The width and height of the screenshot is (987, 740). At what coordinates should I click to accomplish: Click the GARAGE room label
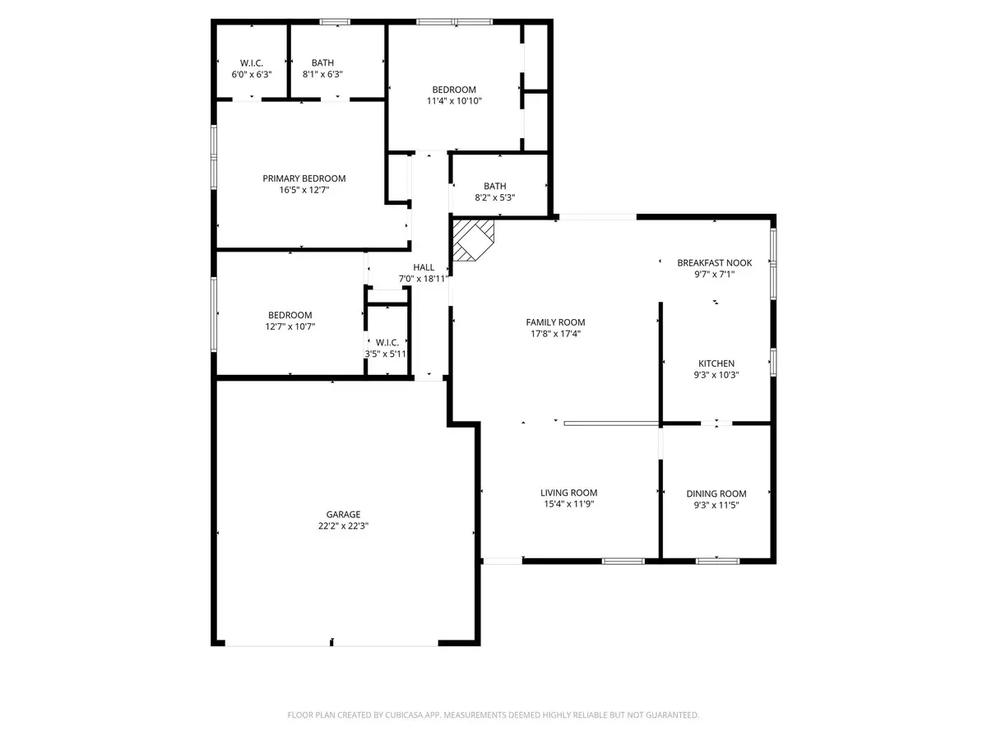tap(331, 514)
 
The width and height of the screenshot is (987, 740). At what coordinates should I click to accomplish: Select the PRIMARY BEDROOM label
tap(304, 178)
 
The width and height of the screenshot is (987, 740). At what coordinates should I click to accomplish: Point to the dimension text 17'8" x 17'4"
tap(555, 334)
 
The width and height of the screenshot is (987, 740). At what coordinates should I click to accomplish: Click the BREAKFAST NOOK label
tap(714, 263)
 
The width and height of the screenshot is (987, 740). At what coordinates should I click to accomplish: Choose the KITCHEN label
tap(716, 363)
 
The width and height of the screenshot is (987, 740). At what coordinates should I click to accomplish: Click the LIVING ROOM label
tap(568, 493)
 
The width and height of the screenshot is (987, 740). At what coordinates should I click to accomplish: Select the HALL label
tap(424, 267)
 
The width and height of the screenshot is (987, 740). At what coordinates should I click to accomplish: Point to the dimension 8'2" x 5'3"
tap(495, 197)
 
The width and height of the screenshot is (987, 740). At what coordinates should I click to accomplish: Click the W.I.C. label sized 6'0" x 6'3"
tap(251, 62)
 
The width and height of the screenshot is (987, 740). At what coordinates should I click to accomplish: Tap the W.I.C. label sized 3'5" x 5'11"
tap(387, 342)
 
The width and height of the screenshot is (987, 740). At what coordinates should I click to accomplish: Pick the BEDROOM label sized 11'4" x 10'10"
tap(454, 90)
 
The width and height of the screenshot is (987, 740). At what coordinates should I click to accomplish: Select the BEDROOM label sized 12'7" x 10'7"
tap(290, 315)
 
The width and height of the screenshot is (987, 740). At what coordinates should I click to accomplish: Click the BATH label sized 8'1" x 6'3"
tap(322, 62)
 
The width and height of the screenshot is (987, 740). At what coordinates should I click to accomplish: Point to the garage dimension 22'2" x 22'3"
tap(331, 526)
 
